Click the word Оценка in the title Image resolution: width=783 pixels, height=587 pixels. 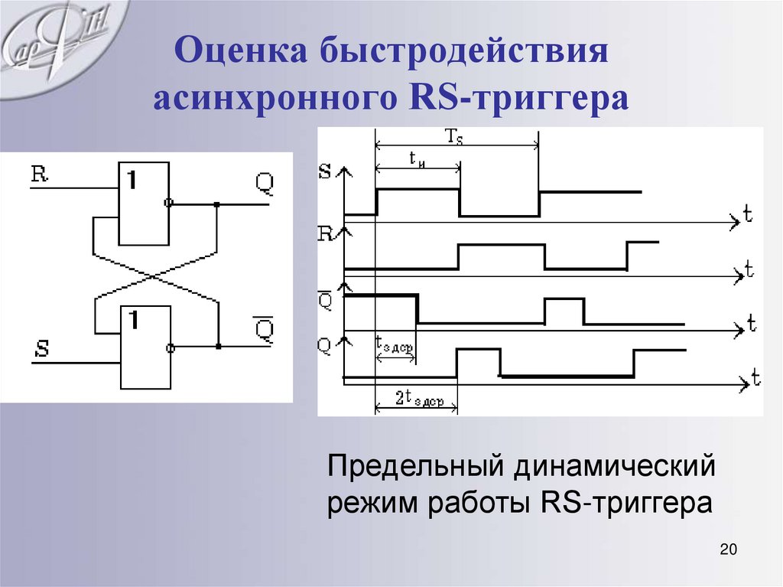[x=239, y=56]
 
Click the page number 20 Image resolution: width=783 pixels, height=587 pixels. [x=727, y=550]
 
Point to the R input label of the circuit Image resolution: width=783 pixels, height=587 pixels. [x=39, y=174]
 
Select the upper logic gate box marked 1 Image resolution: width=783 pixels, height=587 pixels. [x=142, y=203]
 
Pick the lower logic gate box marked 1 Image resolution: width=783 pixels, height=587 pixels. [x=146, y=346]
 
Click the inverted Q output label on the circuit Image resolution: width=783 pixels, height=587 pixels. [x=263, y=328]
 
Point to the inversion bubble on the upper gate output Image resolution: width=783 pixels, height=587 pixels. [x=169, y=204]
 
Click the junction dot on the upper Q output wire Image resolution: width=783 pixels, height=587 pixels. [x=217, y=204]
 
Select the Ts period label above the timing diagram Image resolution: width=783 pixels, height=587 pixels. [x=455, y=136]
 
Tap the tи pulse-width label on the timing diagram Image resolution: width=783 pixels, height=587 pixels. [x=417, y=158]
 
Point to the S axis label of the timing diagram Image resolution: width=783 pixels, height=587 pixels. [x=324, y=172]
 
